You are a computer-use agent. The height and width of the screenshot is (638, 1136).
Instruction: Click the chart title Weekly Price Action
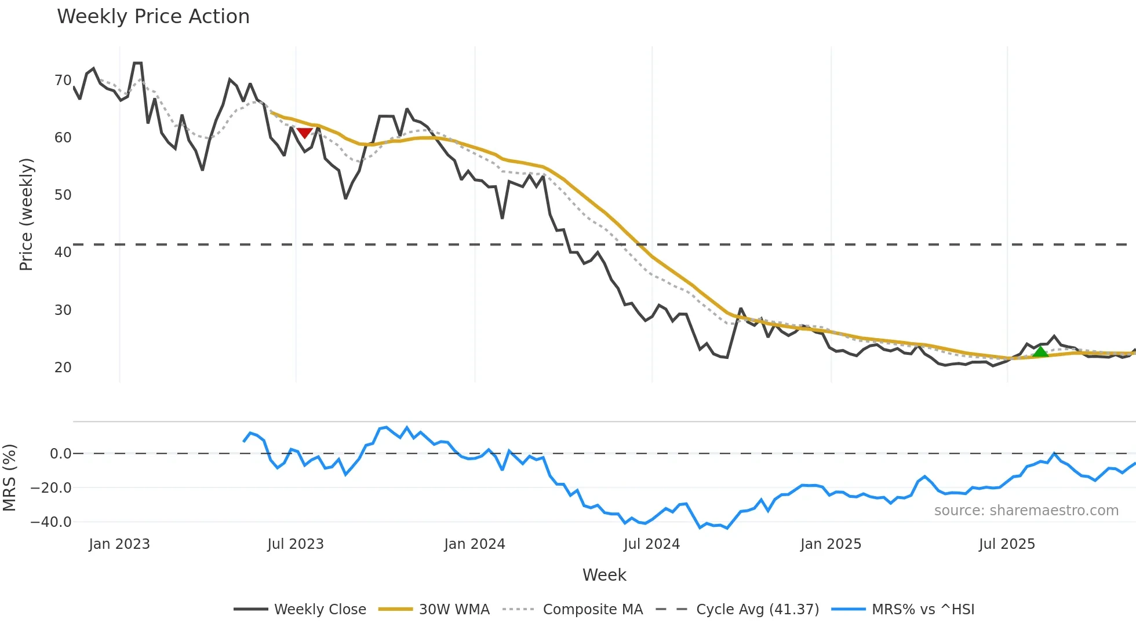coord(153,17)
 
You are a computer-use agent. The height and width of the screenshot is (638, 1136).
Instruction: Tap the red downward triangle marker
coord(304,133)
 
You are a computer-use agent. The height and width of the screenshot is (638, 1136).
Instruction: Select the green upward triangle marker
coord(1040,352)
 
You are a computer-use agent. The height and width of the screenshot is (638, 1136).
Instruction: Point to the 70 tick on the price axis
coord(63,80)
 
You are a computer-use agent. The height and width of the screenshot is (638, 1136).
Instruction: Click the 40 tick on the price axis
coord(63,252)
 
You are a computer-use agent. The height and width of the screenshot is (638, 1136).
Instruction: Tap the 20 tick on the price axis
coord(63,368)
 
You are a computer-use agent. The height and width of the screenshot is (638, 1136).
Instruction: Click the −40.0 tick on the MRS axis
coord(51,522)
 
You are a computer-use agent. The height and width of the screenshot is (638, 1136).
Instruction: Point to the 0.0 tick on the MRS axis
coord(60,454)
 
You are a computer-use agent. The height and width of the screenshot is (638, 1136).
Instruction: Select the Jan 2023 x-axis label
coord(119,544)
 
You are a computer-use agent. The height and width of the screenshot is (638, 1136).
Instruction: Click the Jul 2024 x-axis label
coord(651,544)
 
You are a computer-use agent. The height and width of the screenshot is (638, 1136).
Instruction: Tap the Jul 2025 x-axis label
coord(1007,544)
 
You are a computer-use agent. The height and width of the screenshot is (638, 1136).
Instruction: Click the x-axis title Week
coord(604,575)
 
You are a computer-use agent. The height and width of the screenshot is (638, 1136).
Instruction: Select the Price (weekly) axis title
coord(26,214)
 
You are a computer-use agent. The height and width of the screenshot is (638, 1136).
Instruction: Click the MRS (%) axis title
coord(9,478)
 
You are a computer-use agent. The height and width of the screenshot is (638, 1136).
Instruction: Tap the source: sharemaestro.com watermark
coord(1026,511)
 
